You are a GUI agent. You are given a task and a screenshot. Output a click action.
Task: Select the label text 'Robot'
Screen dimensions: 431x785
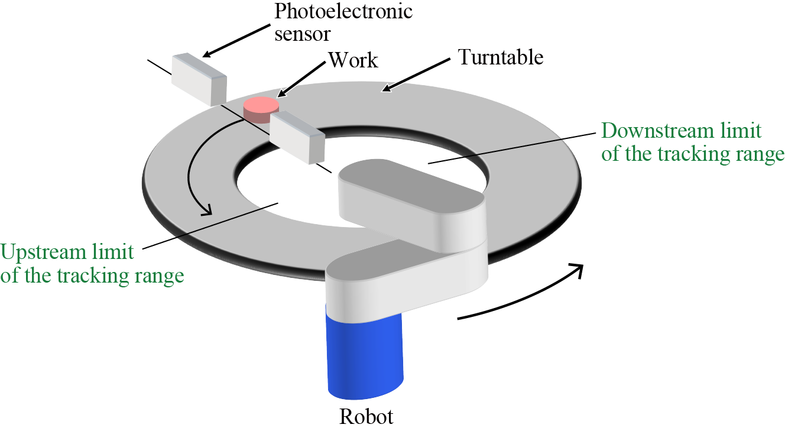[x=366, y=417]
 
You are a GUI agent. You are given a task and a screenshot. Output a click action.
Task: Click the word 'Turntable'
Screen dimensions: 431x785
[x=501, y=58]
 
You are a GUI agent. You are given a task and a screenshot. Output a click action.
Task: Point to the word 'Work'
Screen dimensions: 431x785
[x=353, y=60]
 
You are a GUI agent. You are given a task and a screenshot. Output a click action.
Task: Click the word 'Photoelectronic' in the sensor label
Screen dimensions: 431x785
[x=343, y=12]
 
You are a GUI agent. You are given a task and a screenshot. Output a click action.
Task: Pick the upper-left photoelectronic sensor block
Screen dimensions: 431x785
[x=199, y=78]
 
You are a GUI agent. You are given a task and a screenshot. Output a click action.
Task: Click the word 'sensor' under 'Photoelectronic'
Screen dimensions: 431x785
[x=302, y=34]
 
